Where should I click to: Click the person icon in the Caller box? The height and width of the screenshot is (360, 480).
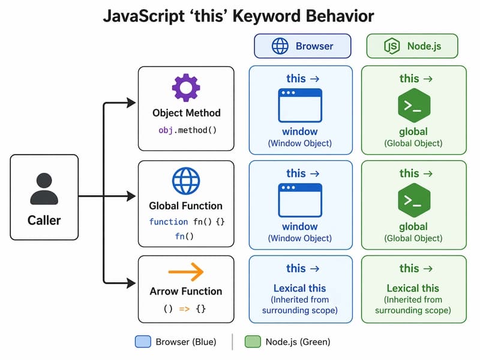click(44, 188)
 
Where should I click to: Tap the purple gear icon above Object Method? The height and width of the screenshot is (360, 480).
click(186, 88)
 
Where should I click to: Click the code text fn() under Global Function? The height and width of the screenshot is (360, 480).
click(186, 236)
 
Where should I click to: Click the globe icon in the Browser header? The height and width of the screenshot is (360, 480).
click(280, 46)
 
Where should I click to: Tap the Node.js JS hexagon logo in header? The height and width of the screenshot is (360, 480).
click(391, 46)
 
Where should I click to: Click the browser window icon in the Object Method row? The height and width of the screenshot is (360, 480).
click(300, 106)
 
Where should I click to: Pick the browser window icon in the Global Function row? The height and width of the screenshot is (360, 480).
click(300, 200)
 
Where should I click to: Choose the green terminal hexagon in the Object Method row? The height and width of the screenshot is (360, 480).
click(413, 106)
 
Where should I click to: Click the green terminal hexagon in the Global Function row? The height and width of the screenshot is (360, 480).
click(413, 201)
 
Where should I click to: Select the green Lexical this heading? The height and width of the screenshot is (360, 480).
click(413, 288)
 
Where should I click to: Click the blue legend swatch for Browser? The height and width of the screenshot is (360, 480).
click(143, 342)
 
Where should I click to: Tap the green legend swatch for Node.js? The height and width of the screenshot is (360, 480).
click(253, 342)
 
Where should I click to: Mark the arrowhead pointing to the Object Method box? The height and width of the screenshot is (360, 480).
click(131, 104)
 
